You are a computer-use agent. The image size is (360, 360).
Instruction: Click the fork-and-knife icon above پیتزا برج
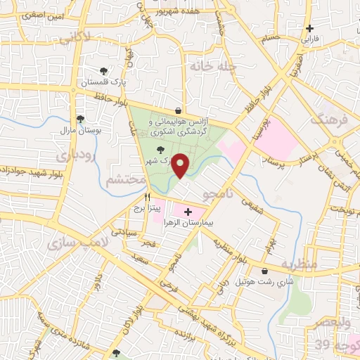148,198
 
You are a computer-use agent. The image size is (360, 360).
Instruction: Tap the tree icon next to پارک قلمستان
103,71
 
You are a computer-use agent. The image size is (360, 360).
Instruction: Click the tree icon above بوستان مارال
80,119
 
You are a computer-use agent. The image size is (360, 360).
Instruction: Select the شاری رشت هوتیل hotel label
264,282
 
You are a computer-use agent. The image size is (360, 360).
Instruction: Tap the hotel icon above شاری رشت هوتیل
264,271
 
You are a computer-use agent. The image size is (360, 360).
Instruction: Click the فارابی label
310,40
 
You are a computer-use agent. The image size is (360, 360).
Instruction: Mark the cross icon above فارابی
310,28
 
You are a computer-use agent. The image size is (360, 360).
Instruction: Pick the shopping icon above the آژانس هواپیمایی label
179,110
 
